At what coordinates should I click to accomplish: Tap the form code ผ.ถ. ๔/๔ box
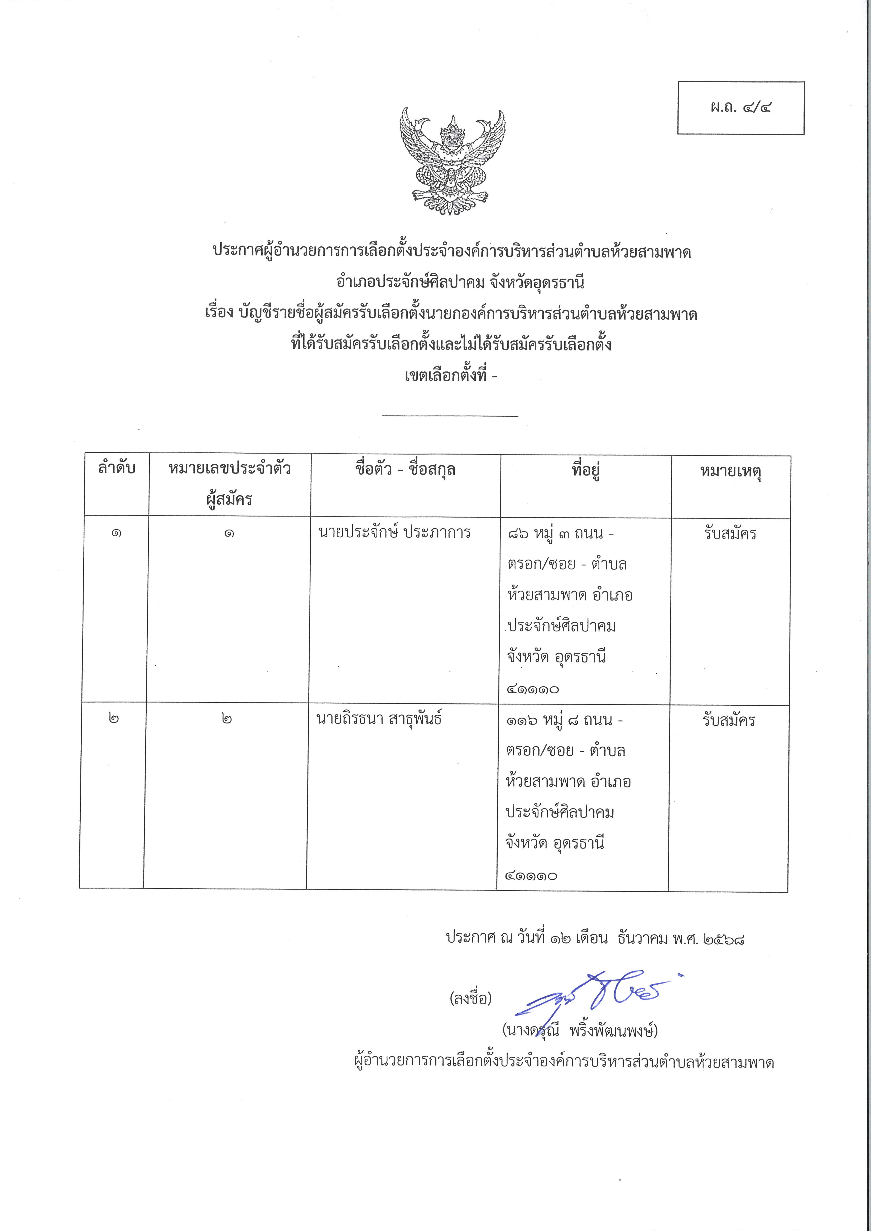pos(741,108)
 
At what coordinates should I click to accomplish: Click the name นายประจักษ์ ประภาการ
pos(394,533)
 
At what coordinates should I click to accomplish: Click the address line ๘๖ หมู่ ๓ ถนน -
pos(560,534)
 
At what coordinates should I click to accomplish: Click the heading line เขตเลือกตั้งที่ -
pos(450,375)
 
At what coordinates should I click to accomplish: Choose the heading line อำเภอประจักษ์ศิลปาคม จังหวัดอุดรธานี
pos(452,282)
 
